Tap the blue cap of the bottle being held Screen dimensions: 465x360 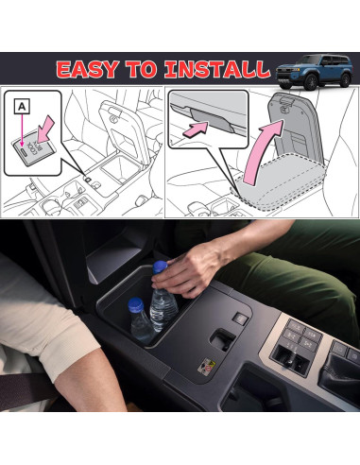click(x=161, y=268)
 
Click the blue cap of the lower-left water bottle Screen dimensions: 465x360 click(x=136, y=304)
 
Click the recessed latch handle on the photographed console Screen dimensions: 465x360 click(x=225, y=338)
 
